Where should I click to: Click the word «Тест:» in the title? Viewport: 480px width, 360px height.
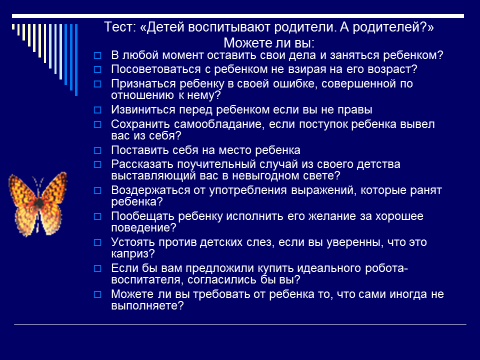tap(120, 27)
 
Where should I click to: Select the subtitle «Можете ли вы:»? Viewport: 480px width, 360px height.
tap(269, 43)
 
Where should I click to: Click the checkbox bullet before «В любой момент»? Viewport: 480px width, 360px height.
tap(98, 55)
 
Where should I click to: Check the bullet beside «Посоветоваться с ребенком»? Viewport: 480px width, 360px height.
tap(98, 69)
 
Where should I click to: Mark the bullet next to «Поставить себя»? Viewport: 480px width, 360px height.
tap(98, 150)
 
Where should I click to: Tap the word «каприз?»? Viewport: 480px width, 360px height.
tap(133, 254)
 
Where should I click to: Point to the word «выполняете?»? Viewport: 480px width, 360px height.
tap(147, 306)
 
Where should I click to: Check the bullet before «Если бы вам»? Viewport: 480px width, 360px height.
tap(98, 268)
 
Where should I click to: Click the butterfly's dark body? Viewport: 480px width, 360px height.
tap(39, 203)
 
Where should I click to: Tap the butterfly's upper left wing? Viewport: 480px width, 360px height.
tap(22, 189)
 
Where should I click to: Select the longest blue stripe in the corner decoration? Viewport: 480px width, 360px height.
tap(76, 60)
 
